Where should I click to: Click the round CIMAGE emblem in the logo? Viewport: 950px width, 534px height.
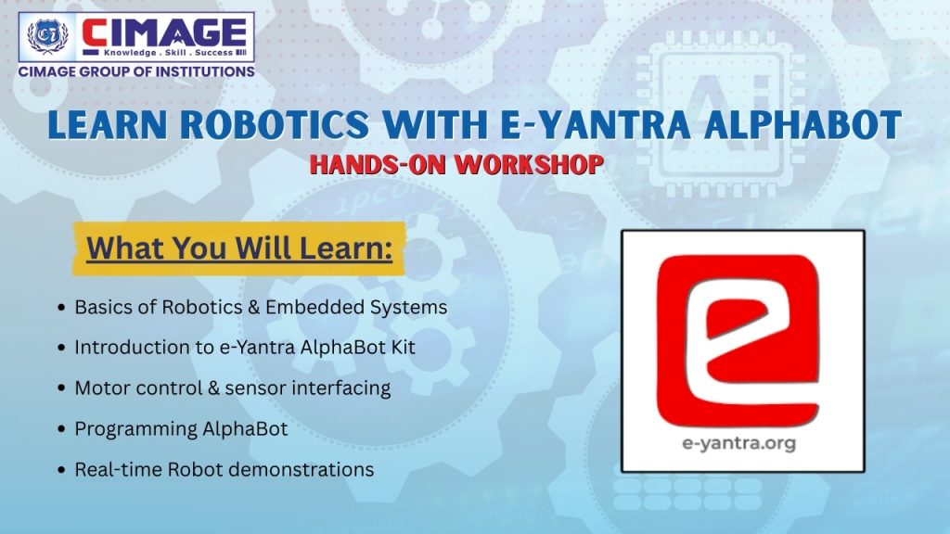(x=48, y=36)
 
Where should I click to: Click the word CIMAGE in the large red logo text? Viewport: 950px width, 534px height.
(x=164, y=32)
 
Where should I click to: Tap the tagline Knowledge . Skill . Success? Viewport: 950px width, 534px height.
(x=169, y=53)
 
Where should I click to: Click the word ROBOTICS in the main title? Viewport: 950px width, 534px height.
(x=275, y=124)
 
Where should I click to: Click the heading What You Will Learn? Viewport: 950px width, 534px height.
(x=239, y=248)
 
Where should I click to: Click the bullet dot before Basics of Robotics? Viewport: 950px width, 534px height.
(x=61, y=308)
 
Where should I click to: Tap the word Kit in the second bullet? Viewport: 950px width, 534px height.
(x=403, y=348)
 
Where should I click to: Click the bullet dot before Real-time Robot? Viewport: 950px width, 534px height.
(x=61, y=470)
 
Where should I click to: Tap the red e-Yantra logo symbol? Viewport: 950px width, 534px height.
(x=738, y=341)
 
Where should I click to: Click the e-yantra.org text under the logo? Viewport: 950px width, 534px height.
(x=739, y=444)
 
